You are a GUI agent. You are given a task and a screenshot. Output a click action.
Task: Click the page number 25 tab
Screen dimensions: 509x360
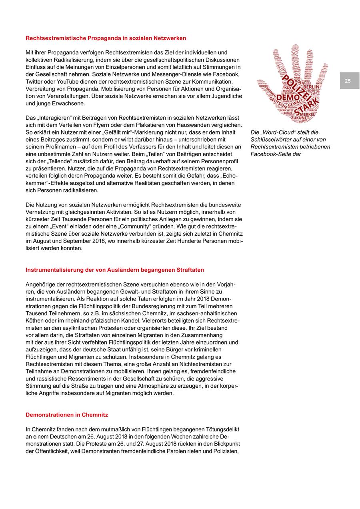(x=348, y=81)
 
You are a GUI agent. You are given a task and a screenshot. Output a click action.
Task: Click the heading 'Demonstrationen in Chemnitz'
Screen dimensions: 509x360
(x=67, y=415)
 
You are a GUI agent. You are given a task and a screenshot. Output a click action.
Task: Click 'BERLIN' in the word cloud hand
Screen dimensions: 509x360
(x=311, y=87)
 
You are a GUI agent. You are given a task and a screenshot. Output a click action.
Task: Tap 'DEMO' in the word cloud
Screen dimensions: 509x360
(x=288, y=98)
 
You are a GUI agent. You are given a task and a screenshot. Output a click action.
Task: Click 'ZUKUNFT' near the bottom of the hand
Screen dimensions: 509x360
(x=300, y=118)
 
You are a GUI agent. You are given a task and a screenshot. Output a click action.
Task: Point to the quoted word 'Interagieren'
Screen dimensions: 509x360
(x=54, y=118)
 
